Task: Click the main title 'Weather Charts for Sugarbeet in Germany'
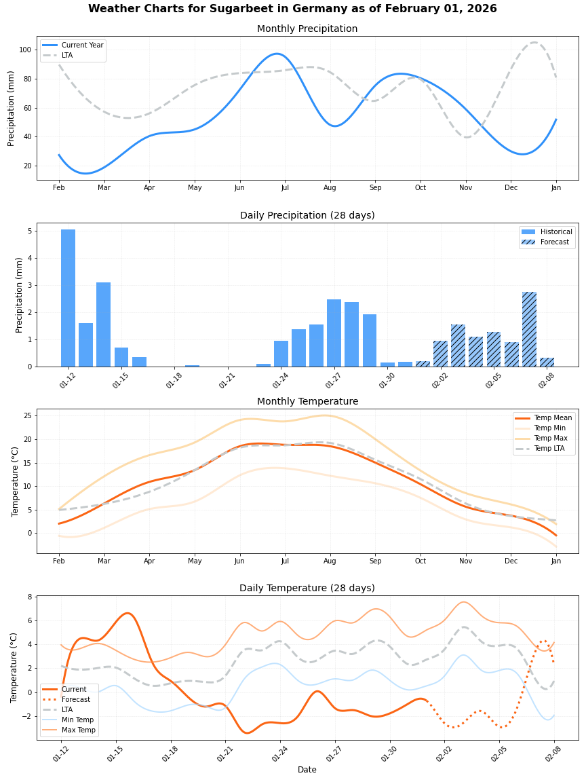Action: [x=292, y=9]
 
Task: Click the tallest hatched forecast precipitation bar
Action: [x=529, y=329]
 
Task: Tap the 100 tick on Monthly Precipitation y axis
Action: [x=27, y=50]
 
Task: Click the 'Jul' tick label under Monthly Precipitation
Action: [x=285, y=187]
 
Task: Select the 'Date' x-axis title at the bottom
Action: [x=307, y=770]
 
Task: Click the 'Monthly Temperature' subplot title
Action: [x=307, y=401]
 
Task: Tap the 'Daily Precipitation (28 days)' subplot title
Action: [x=307, y=215]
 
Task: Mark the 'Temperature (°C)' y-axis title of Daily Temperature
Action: [x=14, y=667]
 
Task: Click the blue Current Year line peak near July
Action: [x=277, y=54]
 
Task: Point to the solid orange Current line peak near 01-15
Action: [x=127, y=613]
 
